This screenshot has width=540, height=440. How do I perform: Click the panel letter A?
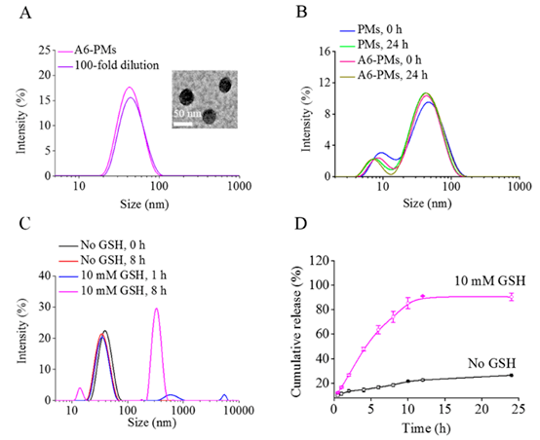(x=25, y=13)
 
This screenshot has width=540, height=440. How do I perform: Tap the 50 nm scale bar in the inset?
(x=182, y=124)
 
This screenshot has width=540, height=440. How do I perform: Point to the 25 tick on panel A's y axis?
(x=44, y=51)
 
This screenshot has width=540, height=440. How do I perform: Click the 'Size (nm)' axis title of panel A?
(x=144, y=204)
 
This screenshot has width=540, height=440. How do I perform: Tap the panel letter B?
(x=302, y=12)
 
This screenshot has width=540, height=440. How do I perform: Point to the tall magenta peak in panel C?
(x=156, y=309)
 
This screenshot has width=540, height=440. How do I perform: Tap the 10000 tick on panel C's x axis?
(x=239, y=411)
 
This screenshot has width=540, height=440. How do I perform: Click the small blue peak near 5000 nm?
(x=224, y=395)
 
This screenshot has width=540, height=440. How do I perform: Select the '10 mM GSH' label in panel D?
(x=490, y=281)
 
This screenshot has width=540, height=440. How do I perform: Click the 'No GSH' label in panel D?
(x=492, y=363)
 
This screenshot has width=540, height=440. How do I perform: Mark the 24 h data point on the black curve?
(x=512, y=376)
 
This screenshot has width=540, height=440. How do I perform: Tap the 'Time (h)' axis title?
(x=426, y=428)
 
